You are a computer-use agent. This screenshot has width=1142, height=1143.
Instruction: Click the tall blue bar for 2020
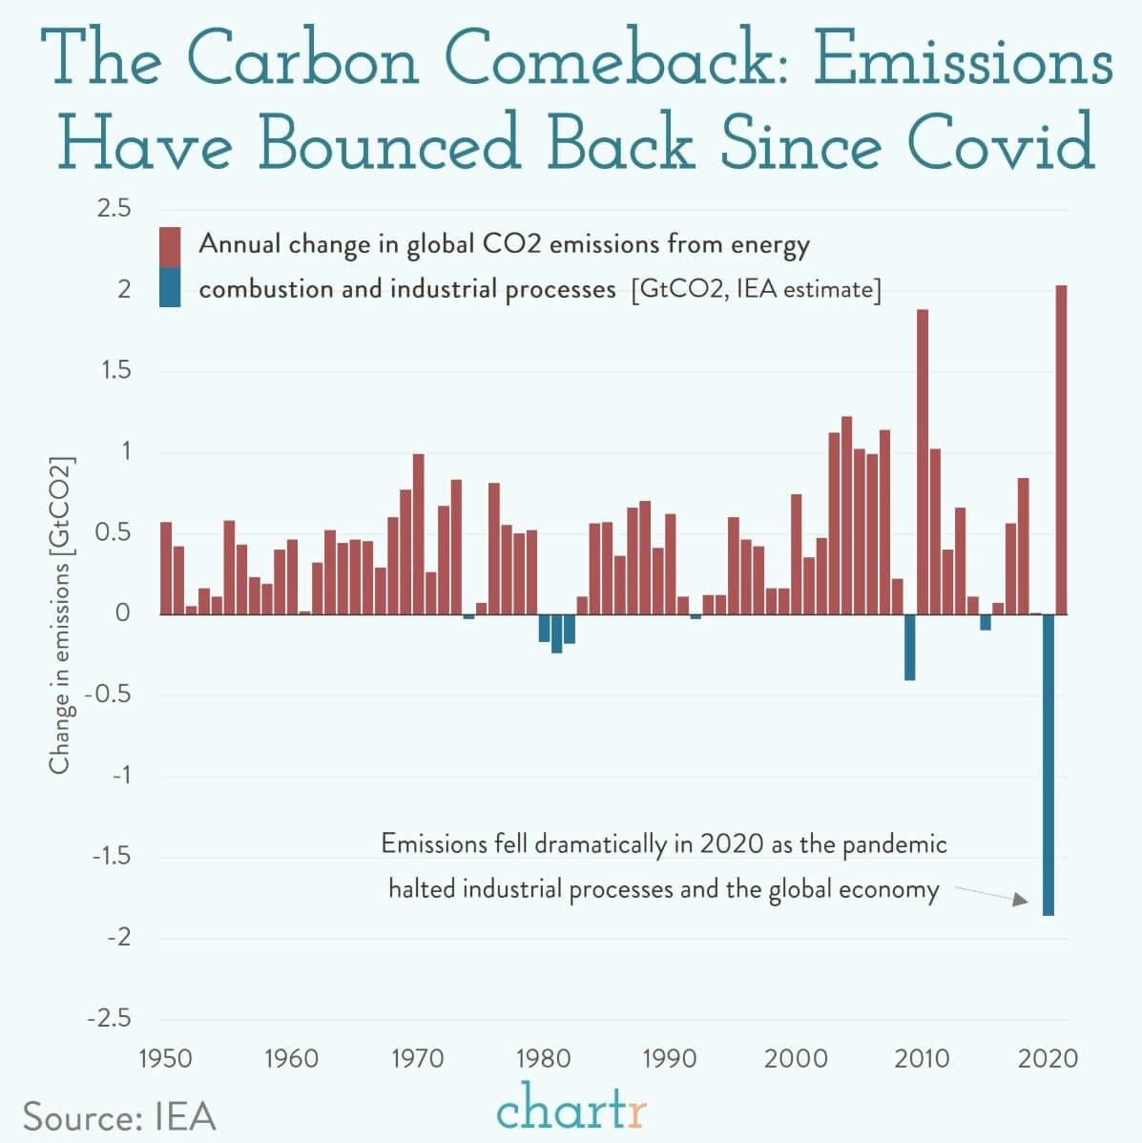[1049, 763]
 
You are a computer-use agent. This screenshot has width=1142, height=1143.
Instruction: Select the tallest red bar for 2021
[1061, 448]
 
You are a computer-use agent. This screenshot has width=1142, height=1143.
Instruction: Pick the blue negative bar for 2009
[909, 647]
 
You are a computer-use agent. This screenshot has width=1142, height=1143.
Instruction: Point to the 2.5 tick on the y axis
[114, 208]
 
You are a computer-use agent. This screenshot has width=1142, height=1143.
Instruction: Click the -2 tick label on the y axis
[118, 938]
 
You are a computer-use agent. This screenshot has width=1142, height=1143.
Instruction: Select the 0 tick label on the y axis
[122, 613]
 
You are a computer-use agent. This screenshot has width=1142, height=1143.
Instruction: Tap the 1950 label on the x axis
[165, 1058]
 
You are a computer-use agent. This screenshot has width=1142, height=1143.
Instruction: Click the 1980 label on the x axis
[544, 1058]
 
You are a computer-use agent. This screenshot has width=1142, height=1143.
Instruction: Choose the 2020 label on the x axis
[1049, 1058]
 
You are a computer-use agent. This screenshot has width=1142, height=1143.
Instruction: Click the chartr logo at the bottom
[571, 1110]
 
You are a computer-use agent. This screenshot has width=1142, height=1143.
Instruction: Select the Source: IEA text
[119, 1116]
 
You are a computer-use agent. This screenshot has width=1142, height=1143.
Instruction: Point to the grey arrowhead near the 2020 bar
[1020, 900]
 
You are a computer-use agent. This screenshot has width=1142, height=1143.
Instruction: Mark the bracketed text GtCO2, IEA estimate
[755, 289]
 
